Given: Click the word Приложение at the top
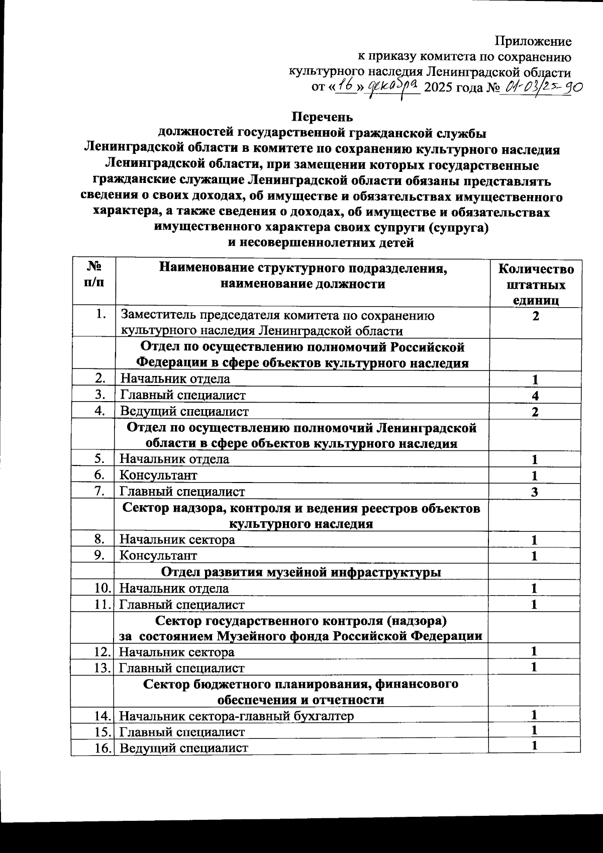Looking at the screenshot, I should [x=533, y=42].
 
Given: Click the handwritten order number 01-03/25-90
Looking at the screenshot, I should [x=543, y=88].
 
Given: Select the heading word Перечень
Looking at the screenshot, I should [x=323, y=117].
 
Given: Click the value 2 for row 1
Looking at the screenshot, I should [x=536, y=317].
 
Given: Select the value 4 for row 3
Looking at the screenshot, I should [x=536, y=396].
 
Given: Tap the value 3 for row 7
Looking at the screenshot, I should [x=535, y=492].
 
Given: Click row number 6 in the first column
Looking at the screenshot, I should [x=99, y=475].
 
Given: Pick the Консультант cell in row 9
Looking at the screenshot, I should [x=158, y=555].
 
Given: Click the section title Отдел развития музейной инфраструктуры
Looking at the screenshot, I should [x=301, y=572].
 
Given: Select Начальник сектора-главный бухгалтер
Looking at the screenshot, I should [x=236, y=716].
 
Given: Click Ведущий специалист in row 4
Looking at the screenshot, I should [x=184, y=412].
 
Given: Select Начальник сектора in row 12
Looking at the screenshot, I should [x=176, y=652].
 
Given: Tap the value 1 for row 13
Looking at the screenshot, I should [x=535, y=668].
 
